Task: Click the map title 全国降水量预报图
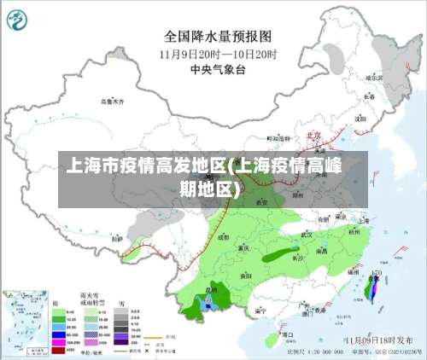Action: point(219,37)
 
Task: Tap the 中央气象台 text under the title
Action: point(218,67)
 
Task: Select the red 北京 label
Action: point(313,134)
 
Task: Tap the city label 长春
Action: point(369,97)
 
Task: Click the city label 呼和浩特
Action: point(278,137)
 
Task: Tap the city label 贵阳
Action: point(246,276)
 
